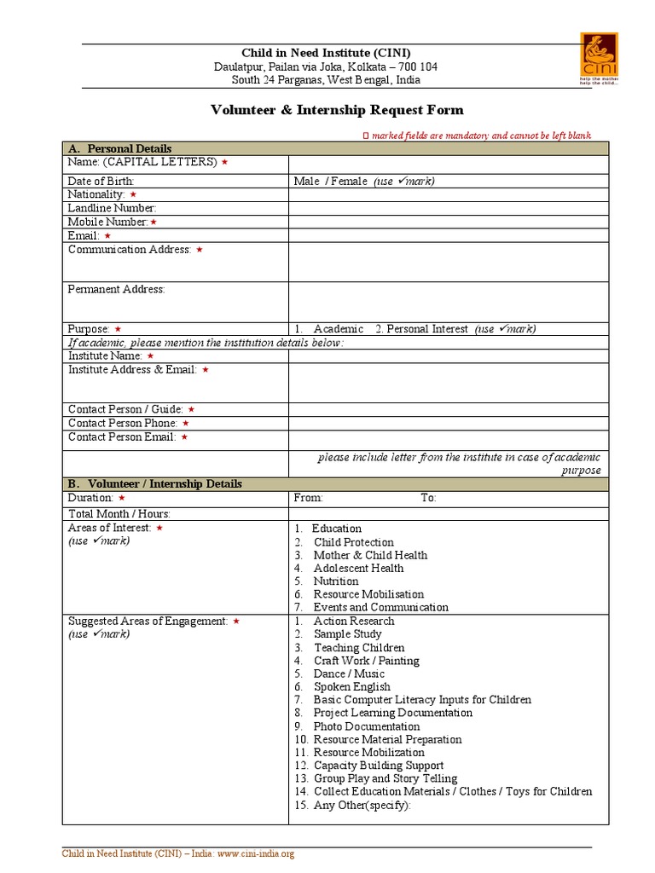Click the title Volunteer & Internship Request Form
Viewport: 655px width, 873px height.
(338, 110)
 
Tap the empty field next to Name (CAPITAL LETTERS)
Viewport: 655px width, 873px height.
(448, 164)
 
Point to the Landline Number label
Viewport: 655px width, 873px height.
(112, 208)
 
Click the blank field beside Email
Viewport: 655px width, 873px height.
(448, 235)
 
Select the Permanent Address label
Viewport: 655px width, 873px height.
(116, 289)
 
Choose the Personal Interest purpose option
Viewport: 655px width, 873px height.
(427, 329)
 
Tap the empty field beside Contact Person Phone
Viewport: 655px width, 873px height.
(448, 423)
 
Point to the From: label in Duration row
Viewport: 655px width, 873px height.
(308, 498)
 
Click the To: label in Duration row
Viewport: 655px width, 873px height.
(428, 498)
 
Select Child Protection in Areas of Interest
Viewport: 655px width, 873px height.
(353, 542)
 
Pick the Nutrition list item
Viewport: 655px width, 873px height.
(335, 581)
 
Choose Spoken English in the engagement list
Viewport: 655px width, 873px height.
(351, 686)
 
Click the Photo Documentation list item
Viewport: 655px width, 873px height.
(366, 726)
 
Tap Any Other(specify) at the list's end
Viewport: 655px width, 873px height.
(362, 805)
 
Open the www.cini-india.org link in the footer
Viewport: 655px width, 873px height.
(254, 854)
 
